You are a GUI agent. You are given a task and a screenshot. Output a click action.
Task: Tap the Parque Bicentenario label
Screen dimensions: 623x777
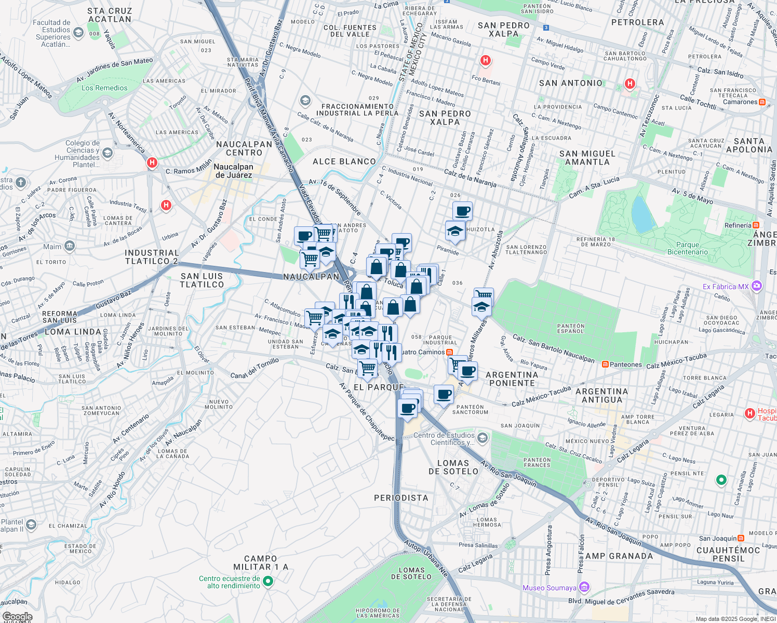tap(687, 248)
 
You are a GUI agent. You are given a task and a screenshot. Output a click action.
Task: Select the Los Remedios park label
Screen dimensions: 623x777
tap(104, 88)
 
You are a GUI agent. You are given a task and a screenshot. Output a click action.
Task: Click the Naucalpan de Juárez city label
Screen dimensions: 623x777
tap(233, 171)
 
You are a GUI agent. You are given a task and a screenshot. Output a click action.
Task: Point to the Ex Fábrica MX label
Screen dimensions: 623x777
tap(726, 287)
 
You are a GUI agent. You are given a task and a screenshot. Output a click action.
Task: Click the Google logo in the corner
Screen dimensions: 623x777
tap(17, 617)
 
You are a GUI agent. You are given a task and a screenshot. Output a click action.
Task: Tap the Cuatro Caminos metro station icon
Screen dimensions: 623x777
tap(449, 352)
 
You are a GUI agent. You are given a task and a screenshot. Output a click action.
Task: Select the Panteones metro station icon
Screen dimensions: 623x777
tap(605, 364)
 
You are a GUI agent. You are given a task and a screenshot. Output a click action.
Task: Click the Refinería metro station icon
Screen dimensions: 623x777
tap(756, 225)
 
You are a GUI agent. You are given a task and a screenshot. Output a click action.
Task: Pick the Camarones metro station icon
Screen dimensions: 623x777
tap(762, 102)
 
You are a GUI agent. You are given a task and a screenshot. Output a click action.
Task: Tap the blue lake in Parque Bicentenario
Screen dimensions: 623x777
tap(642, 214)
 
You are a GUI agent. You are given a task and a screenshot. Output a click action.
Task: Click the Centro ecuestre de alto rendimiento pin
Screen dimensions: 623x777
tap(268, 581)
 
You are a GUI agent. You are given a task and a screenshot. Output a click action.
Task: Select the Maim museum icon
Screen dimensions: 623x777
tap(70, 246)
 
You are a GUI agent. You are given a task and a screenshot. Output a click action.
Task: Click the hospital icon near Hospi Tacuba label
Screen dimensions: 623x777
tap(749, 414)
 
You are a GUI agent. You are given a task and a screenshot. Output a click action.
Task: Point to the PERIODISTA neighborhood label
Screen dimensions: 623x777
tap(401, 498)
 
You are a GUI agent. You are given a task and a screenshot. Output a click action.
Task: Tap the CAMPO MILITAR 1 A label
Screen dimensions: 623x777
tap(260, 563)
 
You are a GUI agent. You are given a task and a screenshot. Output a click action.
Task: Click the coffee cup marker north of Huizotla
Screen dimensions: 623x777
tap(462, 211)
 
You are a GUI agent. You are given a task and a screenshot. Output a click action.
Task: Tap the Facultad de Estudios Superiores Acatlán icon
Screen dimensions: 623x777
tap(78, 33)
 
